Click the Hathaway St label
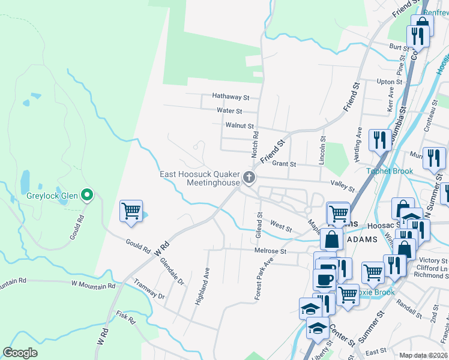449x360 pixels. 231,97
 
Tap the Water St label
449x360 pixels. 229,111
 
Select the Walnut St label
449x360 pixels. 240,125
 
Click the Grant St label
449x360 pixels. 284,164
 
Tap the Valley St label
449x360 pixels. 343,185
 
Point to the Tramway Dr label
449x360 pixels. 149,289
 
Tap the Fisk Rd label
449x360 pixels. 127,318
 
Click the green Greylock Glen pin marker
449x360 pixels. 87,194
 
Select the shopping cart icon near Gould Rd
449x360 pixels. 131,211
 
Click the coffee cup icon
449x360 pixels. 325,279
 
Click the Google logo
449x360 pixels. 20,353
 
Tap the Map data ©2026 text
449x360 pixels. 423,355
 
